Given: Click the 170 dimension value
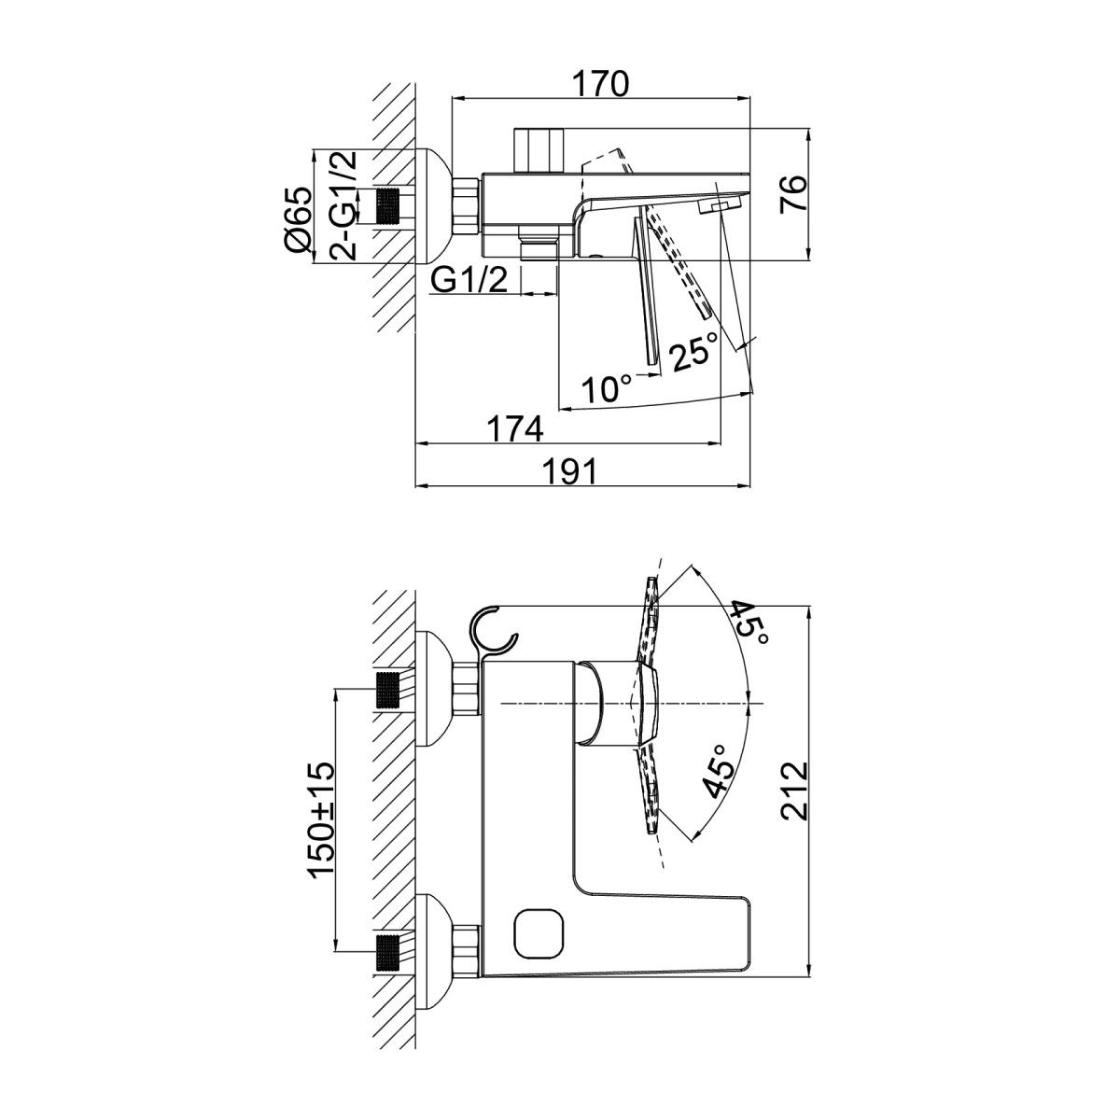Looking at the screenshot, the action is click(x=602, y=84).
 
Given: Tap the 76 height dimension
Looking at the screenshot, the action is click(x=794, y=193).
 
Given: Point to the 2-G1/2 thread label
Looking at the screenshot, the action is click(x=343, y=205).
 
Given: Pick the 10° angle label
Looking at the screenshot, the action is click(x=608, y=388).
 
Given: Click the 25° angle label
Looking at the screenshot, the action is click(x=694, y=351).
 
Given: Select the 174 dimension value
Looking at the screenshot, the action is click(x=515, y=429).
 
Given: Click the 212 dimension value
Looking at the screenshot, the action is click(x=794, y=791).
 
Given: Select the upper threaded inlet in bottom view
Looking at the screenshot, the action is click(x=389, y=690).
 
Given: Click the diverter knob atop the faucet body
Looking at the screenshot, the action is click(x=539, y=150).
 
